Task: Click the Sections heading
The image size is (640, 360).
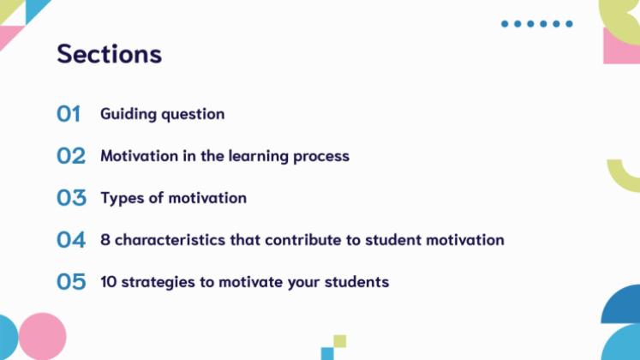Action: click(109, 53)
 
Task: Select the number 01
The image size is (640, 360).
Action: click(69, 113)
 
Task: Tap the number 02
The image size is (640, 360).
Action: click(71, 156)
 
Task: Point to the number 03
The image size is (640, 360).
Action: click(71, 198)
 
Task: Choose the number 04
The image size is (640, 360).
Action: click(71, 240)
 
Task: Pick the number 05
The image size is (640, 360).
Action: click(71, 282)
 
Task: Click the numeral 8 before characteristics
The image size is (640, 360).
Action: click(105, 240)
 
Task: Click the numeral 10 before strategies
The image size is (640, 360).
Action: click(108, 282)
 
